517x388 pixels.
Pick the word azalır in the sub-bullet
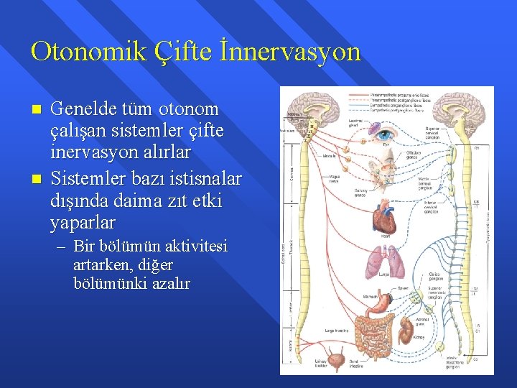point(167,284)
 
